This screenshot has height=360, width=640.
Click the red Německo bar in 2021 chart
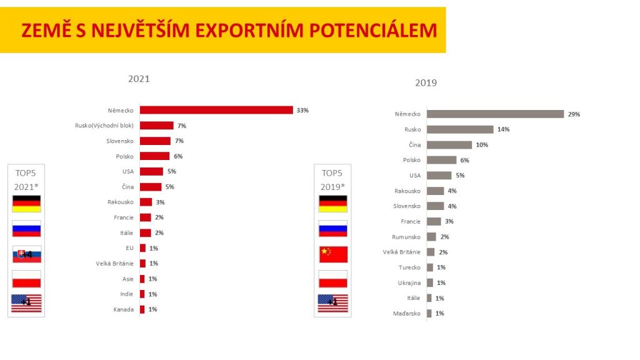pos(216,110)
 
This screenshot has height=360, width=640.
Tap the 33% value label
pos(302,110)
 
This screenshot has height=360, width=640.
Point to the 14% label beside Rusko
pos(503,129)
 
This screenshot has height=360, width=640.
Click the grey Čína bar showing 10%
pos(449,145)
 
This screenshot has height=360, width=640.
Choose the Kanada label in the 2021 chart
pos(123,309)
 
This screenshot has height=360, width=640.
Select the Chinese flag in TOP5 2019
pos(332,254)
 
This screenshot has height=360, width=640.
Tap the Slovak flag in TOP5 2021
pos(26,254)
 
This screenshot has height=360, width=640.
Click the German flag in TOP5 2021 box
pos(26,204)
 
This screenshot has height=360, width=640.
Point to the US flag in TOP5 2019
pos(332,303)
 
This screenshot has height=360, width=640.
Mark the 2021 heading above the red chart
pos(139,79)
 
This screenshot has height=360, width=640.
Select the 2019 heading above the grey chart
pos(426,82)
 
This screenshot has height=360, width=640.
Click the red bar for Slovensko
pos(155,141)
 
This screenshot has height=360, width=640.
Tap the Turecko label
pos(410,267)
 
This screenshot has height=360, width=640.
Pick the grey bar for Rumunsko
pos(431,237)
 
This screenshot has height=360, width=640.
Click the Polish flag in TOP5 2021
pos(26,279)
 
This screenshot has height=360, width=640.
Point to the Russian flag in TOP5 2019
pos(332,229)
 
